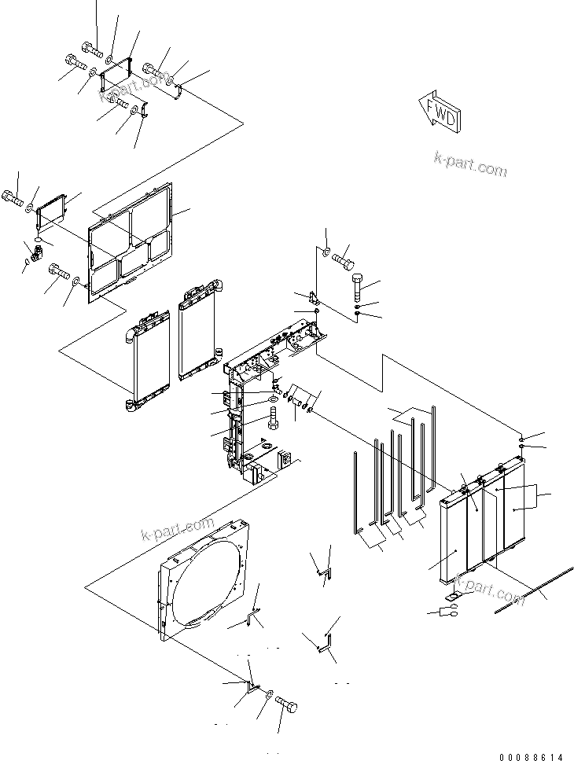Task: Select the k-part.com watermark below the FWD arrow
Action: [x=470, y=167]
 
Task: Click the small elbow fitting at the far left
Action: [x=31, y=256]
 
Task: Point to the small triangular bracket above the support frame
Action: [x=315, y=300]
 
